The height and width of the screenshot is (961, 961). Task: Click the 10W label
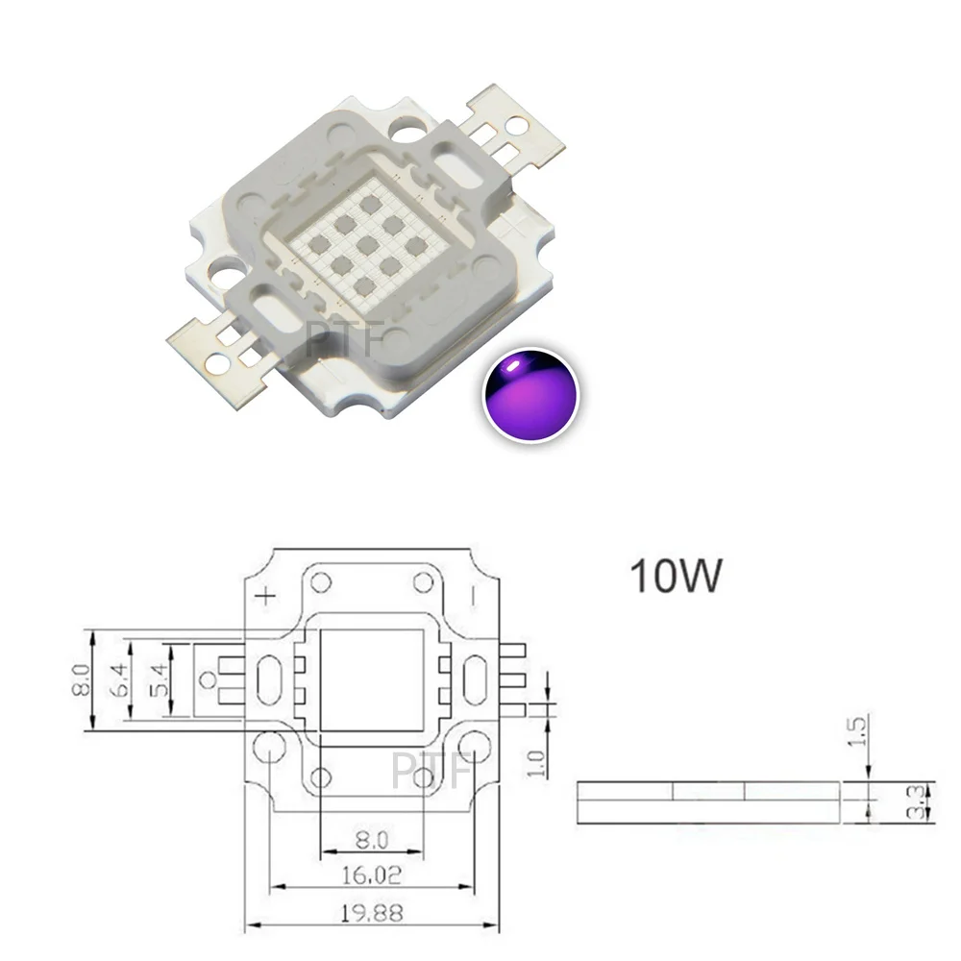coord(674,576)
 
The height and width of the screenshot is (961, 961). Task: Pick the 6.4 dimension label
coord(123,679)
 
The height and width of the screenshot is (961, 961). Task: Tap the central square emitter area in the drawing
coord(371,680)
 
